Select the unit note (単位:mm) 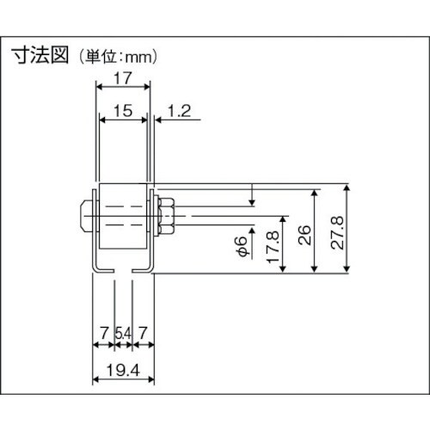(x=118, y=58)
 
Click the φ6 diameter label (x=243, y=245)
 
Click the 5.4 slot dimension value (x=123, y=331)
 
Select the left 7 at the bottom (x=103, y=331)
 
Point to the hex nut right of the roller (x=166, y=215)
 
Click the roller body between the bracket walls (x=122, y=215)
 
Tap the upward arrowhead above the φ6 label (x=252, y=221)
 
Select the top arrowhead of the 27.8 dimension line (x=347, y=187)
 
